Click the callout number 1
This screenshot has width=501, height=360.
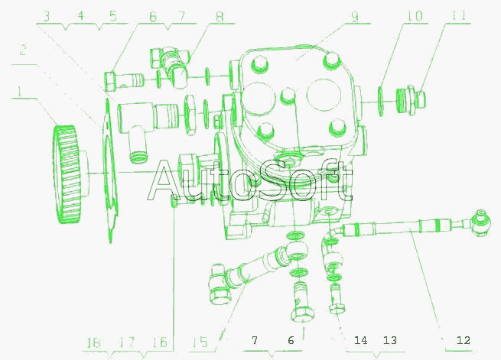pyautogui.click(x=20, y=92)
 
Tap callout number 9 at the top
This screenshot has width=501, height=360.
pyautogui.click(x=355, y=17)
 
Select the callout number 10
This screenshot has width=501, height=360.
pyautogui.click(x=415, y=16)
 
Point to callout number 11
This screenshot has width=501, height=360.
pyautogui.click(x=459, y=16)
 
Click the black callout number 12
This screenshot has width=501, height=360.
pyautogui.click(x=464, y=340)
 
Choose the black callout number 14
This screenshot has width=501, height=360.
pyautogui.click(x=361, y=340)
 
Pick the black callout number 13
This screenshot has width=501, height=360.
pyautogui.click(x=390, y=340)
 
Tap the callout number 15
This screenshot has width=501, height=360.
pyautogui.click(x=200, y=342)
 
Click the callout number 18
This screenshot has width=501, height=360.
pyautogui.click(x=93, y=342)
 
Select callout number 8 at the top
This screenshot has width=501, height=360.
pyautogui.click(x=220, y=17)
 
